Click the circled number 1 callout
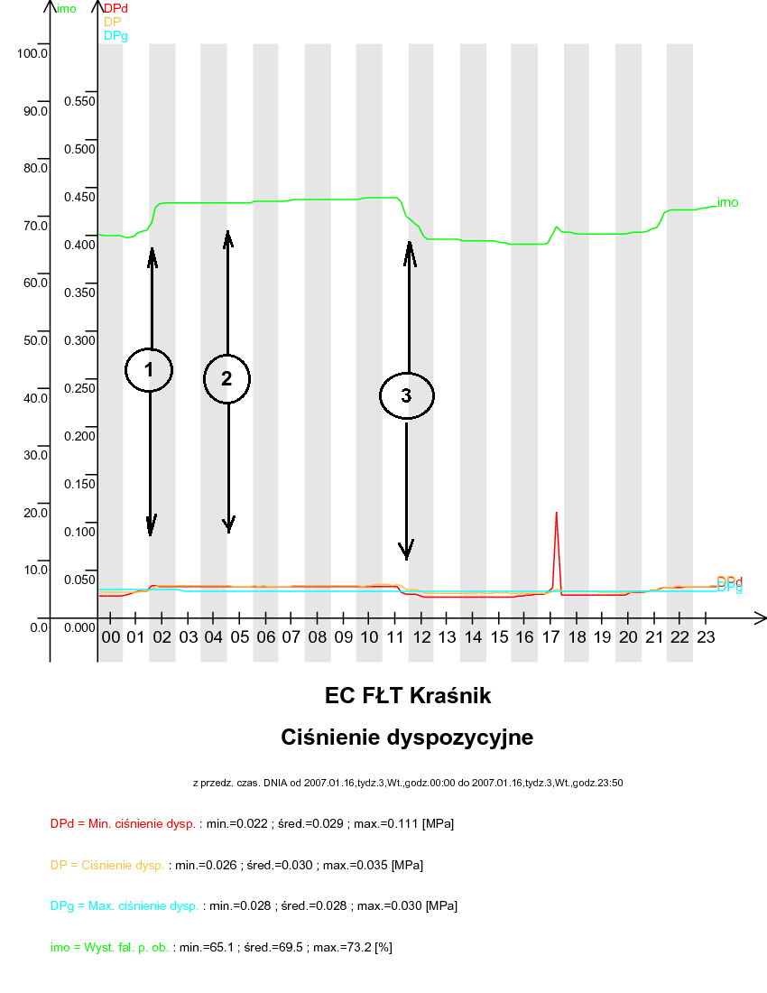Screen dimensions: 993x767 pos(149,369)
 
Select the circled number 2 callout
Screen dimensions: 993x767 pos(226,379)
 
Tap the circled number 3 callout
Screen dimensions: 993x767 pos(406,395)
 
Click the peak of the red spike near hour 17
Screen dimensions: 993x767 pos(556,513)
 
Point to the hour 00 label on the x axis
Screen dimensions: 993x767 pos(111,637)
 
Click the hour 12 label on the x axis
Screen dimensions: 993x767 pos(421,637)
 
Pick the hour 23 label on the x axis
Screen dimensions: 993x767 pos(706,637)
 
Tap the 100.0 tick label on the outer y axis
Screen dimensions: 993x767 pos(32,53)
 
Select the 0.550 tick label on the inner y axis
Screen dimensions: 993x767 pos(79,101)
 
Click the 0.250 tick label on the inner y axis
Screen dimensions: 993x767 pos(79,388)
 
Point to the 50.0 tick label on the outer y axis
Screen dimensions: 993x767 pos(36,340)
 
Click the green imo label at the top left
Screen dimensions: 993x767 pos(67,9)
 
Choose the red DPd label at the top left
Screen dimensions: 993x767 pos(116,9)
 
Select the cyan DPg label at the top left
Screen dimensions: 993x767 pos(116,35)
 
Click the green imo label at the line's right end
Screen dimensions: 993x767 pos(727,202)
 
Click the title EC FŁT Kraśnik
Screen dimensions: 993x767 pos(408,696)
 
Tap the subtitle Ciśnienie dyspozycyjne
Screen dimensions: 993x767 pos(407,738)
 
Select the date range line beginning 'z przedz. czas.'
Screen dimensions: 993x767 pos(407,783)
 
